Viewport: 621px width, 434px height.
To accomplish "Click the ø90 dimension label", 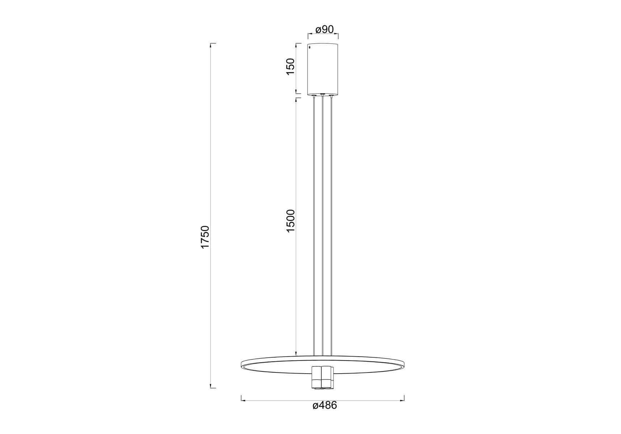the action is click(324, 29).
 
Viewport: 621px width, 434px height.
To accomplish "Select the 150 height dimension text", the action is click(291, 67).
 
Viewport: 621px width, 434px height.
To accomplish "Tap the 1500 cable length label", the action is click(291, 221).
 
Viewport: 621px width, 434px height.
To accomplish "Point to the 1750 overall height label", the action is click(205, 237).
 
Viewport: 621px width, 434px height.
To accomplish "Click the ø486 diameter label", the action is click(325, 416).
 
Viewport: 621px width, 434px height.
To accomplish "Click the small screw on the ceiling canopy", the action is click(310, 47).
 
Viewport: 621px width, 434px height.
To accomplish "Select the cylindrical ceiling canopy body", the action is click(323, 69).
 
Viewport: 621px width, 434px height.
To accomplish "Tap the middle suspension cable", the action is click(322, 226).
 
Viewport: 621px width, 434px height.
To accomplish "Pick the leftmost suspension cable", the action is click(314, 226).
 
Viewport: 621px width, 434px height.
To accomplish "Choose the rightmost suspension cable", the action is click(331, 226).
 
